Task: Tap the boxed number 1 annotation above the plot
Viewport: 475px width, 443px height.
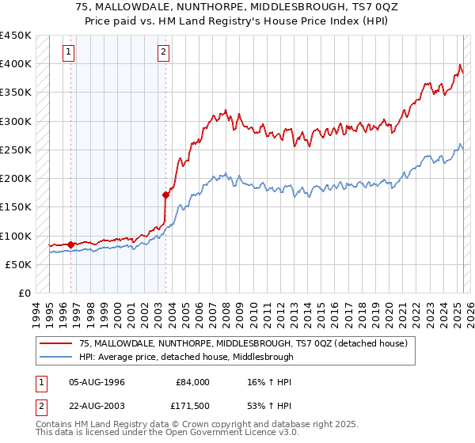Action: click(70, 53)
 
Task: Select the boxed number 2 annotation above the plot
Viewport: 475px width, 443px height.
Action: click(164, 53)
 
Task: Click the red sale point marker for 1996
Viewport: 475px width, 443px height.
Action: click(70, 244)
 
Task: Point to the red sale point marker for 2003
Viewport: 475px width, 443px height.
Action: click(165, 194)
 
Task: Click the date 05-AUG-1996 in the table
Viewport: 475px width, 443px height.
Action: click(97, 382)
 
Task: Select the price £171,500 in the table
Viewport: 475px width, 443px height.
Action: click(192, 406)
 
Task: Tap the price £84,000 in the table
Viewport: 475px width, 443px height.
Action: click(192, 382)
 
